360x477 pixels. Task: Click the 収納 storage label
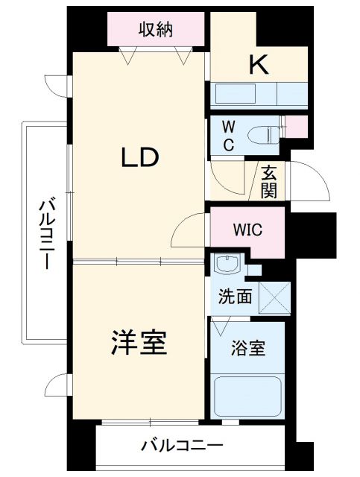pos(156,30)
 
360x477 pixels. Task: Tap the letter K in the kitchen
pos(258,66)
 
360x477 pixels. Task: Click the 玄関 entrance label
pos(269,180)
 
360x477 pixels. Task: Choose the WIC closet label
pos(247,229)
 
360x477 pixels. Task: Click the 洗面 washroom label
pos(234,297)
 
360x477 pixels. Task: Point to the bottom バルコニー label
pos(182,447)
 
